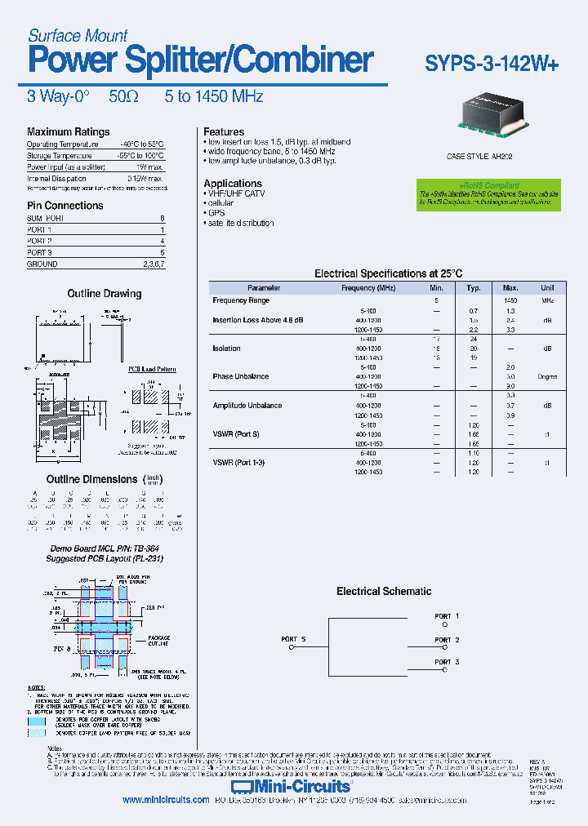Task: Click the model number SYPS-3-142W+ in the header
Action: [x=492, y=64]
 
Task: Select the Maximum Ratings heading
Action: [x=68, y=132]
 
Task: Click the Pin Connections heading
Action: [x=65, y=206]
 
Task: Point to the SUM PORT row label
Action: [x=46, y=219]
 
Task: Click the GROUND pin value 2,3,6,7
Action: [x=154, y=264]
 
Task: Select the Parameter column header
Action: [x=264, y=288]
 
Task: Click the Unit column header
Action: [x=546, y=288]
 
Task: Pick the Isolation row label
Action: [x=226, y=349]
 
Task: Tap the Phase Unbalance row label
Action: [x=236, y=377]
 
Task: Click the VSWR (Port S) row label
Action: [x=236, y=434]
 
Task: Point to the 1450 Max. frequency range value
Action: [x=510, y=301]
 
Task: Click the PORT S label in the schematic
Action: [x=293, y=639]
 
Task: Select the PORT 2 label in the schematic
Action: [x=447, y=640]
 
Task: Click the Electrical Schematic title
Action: [x=384, y=592]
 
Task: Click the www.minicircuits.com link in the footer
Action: [x=166, y=801]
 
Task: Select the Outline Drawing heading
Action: [x=104, y=294]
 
